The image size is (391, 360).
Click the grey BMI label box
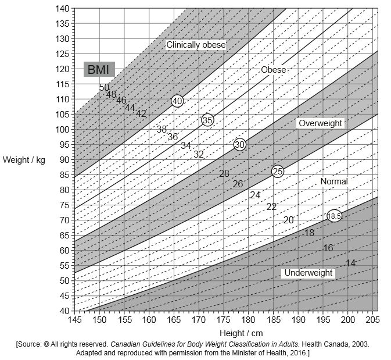click(99, 70)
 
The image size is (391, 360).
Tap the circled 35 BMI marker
click(207, 120)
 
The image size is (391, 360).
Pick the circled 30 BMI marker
click(240, 144)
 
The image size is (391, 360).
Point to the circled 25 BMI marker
click(278, 171)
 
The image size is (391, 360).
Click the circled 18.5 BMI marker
click(334, 216)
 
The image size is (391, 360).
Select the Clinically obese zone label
click(196, 45)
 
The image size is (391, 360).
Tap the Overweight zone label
click(320, 123)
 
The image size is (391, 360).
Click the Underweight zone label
click(308, 273)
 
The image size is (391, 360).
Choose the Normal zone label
click(334, 181)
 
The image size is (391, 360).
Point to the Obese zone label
click(274, 70)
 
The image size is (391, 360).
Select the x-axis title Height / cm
click(241, 333)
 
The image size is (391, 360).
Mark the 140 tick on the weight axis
click(62, 9)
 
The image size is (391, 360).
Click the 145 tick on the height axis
click(75, 320)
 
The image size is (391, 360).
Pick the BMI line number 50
click(104, 88)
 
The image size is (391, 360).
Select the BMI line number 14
click(350, 263)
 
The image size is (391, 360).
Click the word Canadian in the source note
click(129, 344)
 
